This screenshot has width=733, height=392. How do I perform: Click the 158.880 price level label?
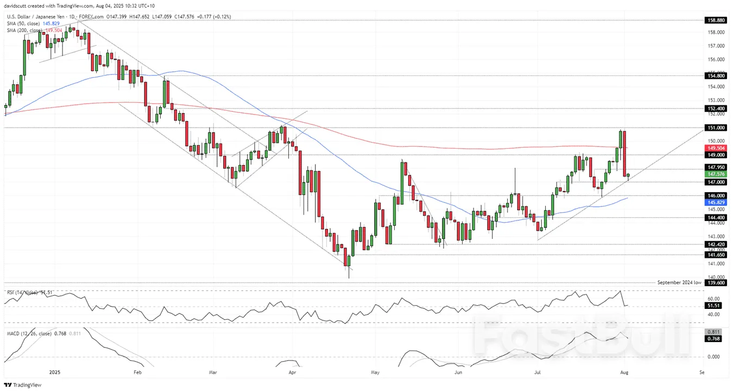[x=716, y=20]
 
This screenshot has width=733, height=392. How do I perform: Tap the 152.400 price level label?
[x=716, y=109]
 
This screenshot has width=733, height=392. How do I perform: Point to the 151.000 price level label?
[x=716, y=128]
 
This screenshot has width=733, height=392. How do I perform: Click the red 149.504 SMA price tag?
[x=716, y=148]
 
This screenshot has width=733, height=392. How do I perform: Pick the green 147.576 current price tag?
[x=716, y=174]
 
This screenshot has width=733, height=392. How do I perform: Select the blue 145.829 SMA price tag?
[x=716, y=202]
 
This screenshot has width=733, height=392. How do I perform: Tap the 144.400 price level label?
[x=716, y=217]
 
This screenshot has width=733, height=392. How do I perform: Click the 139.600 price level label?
[x=716, y=282]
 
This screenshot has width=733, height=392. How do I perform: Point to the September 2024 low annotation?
[x=679, y=282]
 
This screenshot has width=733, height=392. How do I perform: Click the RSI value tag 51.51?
[x=716, y=306]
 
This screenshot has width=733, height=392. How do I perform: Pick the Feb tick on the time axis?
[x=137, y=372]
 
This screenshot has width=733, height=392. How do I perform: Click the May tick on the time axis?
[x=375, y=372]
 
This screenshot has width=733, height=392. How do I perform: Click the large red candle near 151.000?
[x=624, y=153]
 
